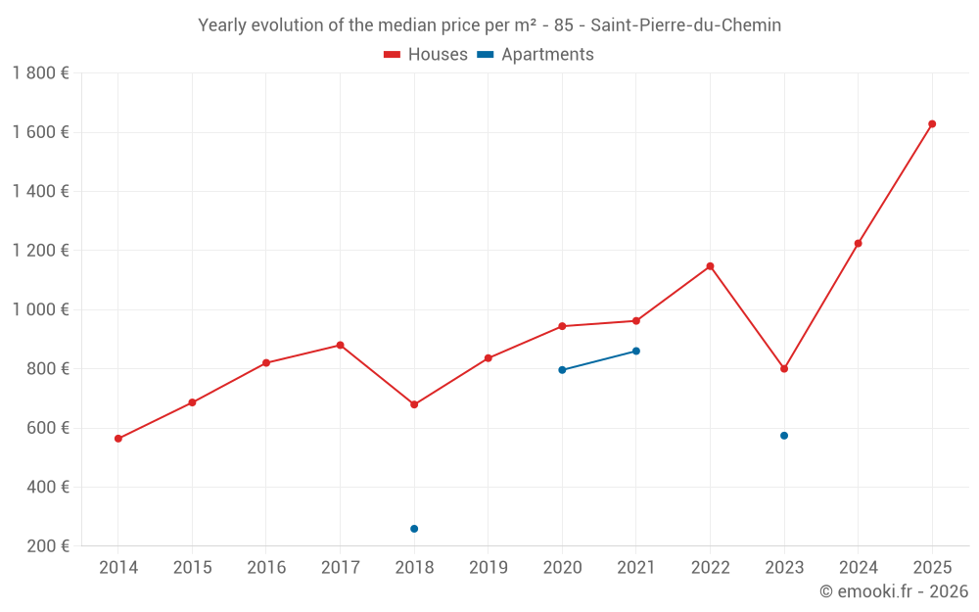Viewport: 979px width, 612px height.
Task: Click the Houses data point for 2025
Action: click(x=932, y=124)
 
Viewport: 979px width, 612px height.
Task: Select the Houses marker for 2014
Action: click(x=118, y=439)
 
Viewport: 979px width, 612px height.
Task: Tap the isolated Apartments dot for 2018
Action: click(x=414, y=529)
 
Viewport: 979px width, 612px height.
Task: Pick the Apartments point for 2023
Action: click(x=784, y=436)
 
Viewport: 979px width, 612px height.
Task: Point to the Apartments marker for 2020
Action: click(x=562, y=370)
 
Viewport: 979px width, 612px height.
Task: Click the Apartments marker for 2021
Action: click(x=636, y=351)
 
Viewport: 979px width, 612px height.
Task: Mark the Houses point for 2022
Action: click(x=710, y=266)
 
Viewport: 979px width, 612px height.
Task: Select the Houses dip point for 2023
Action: click(x=784, y=369)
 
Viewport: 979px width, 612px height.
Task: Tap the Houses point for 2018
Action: click(x=414, y=404)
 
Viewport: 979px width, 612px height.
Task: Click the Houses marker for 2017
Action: click(x=340, y=345)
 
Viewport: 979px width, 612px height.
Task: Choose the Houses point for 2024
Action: click(x=859, y=243)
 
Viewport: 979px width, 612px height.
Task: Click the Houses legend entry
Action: click(x=426, y=55)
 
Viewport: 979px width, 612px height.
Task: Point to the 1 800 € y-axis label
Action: click(x=40, y=72)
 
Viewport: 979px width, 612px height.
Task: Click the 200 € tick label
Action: click(x=47, y=546)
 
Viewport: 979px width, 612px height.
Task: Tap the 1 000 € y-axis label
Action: click(x=40, y=309)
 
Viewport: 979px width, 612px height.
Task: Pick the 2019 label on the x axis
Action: click(x=489, y=568)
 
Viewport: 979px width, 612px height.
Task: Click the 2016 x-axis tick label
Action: click(x=266, y=568)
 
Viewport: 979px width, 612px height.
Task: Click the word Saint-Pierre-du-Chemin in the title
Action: click(x=686, y=25)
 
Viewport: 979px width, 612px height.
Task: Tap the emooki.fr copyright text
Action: click(x=894, y=591)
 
